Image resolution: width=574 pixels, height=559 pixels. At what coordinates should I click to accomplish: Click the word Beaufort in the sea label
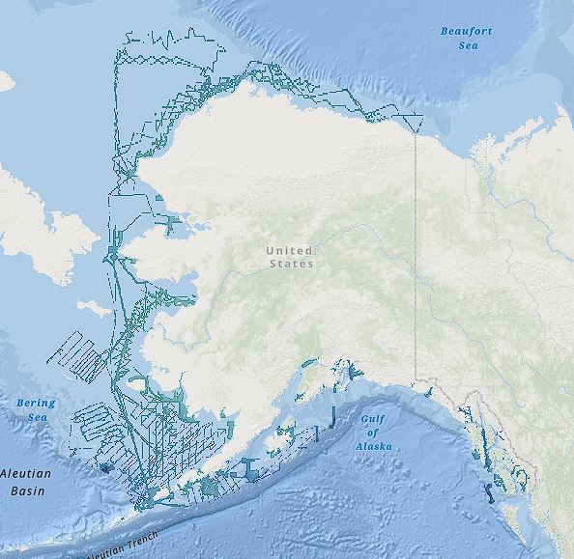pyautogui.click(x=466, y=31)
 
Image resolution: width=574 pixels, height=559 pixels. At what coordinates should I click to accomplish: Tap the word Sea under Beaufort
pyautogui.click(x=467, y=44)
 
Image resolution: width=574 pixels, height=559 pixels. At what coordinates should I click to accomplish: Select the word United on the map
pyautogui.click(x=290, y=251)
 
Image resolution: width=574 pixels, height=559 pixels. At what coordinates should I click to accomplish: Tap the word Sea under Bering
pyautogui.click(x=37, y=416)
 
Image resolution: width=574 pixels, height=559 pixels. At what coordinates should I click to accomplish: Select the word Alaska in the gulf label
pyautogui.click(x=373, y=447)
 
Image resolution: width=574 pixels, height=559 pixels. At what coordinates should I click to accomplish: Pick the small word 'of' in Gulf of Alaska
pyautogui.click(x=373, y=433)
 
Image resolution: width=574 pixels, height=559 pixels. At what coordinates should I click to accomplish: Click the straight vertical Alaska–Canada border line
pyautogui.click(x=416, y=251)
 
